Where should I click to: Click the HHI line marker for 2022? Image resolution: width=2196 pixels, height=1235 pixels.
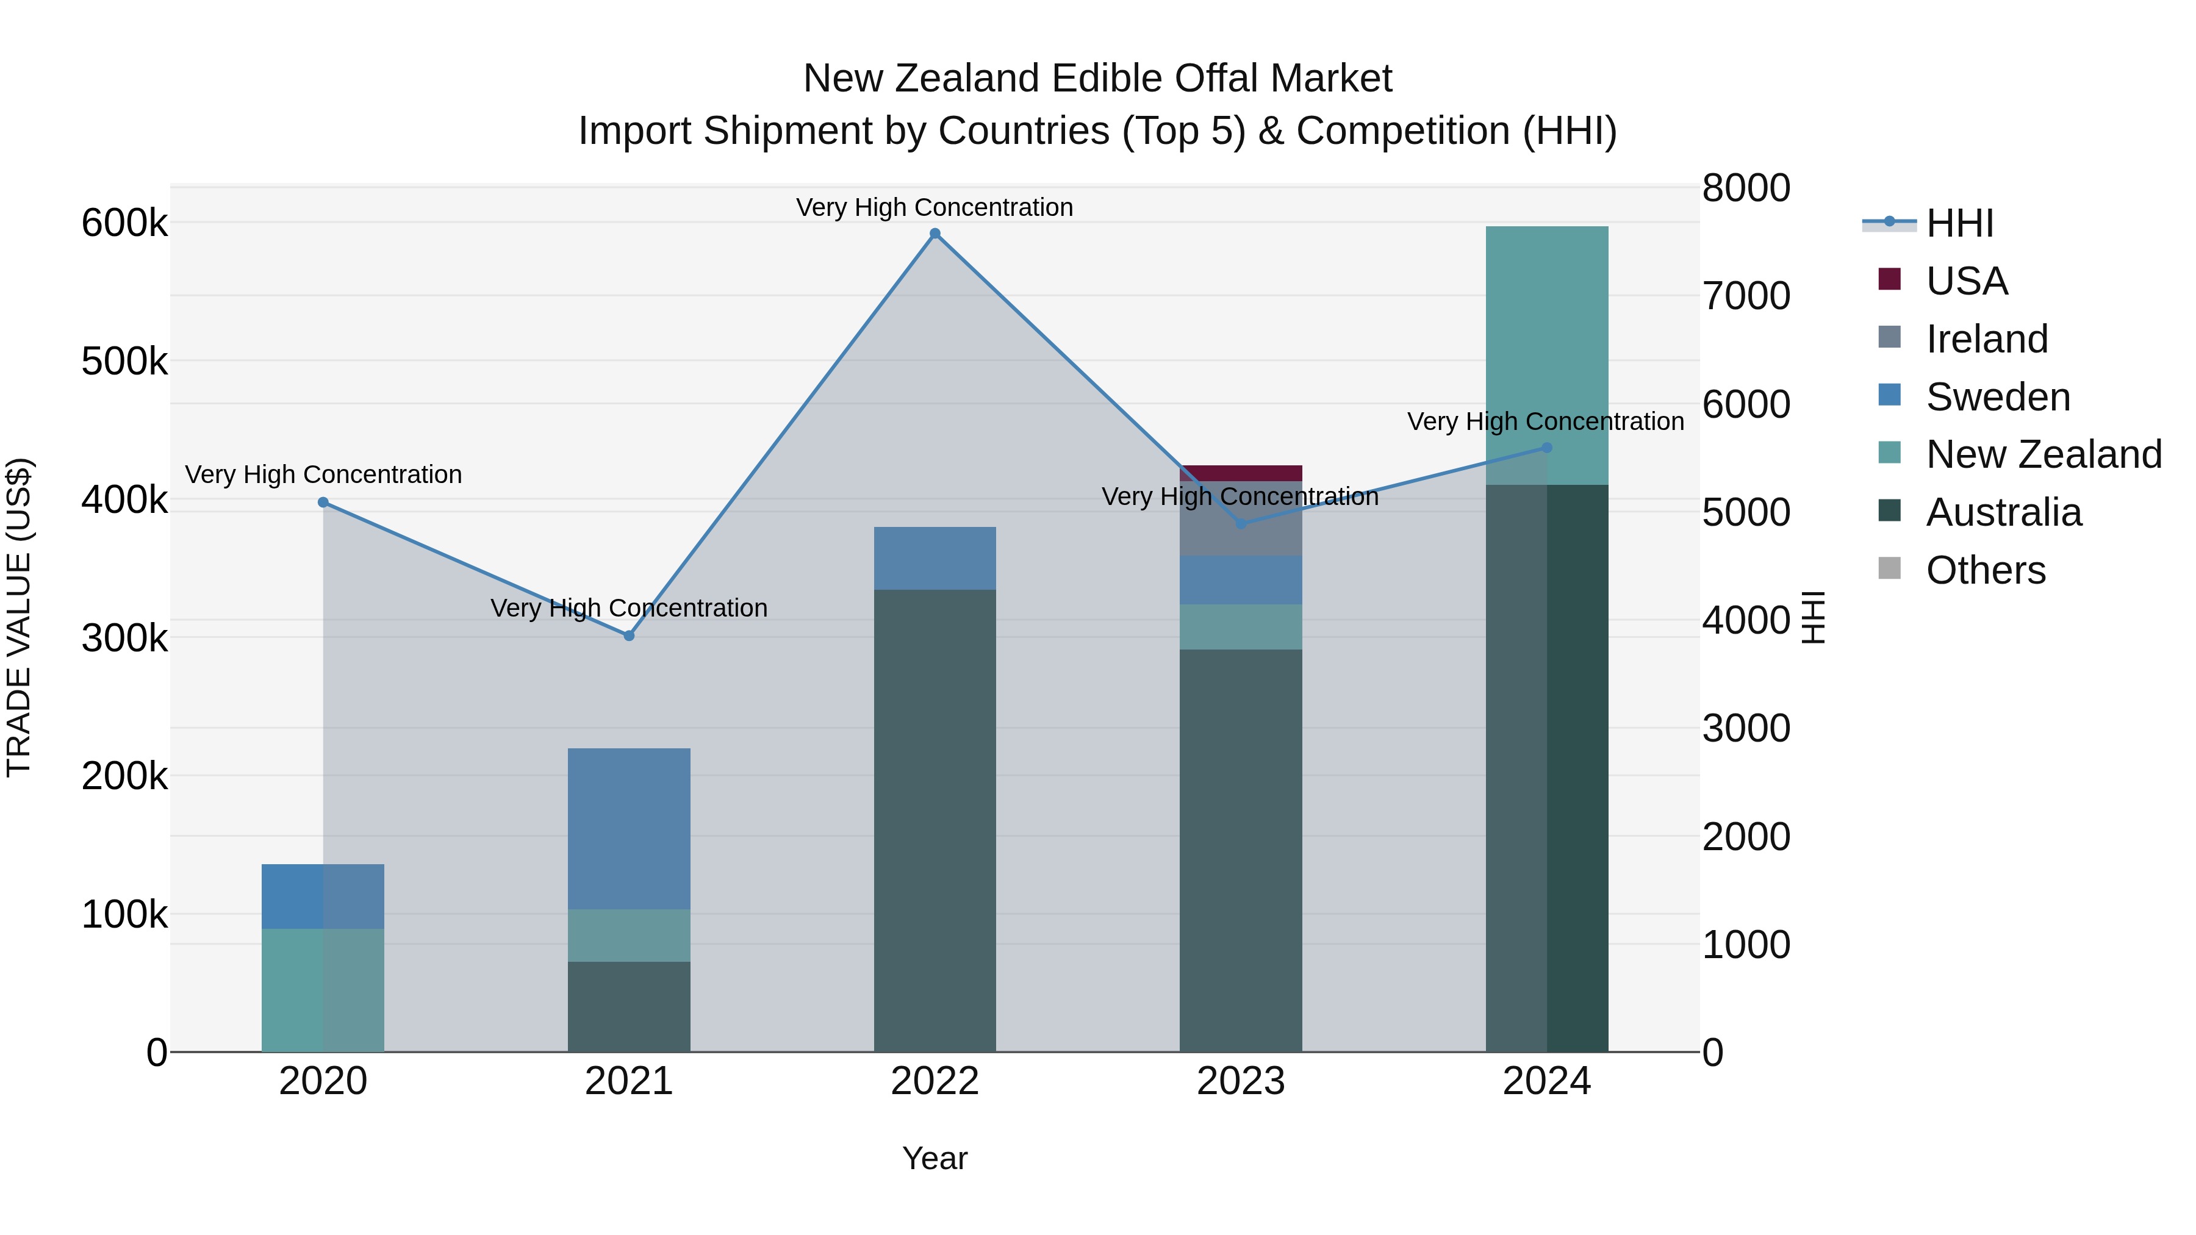[935, 234]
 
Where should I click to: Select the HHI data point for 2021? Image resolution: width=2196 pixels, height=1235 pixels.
[629, 636]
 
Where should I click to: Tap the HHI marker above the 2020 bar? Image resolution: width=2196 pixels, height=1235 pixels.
[323, 503]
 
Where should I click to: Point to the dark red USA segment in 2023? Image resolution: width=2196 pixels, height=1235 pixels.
[1240, 473]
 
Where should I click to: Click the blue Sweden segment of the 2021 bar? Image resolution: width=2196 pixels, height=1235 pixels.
[629, 828]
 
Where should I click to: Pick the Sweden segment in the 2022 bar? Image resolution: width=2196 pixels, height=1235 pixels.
[935, 558]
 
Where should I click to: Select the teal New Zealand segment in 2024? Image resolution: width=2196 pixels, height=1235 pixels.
[1546, 356]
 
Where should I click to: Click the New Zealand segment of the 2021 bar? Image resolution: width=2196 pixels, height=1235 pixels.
[629, 935]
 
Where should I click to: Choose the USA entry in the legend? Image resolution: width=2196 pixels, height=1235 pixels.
[1966, 281]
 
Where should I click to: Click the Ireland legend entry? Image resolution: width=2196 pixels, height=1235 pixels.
[1986, 339]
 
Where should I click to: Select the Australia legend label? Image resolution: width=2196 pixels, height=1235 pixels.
[2003, 512]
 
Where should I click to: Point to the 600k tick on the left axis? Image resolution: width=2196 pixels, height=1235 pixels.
[124, 223]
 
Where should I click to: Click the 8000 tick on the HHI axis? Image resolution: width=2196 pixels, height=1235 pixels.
[1746, 188]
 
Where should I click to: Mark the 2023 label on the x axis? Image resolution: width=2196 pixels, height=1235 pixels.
[1240, 1081]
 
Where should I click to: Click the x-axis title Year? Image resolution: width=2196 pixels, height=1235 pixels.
[935, 1158]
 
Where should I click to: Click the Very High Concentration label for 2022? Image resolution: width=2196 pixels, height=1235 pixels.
[935, 207]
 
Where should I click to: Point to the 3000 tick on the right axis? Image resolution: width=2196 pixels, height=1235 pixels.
[1746, 729]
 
